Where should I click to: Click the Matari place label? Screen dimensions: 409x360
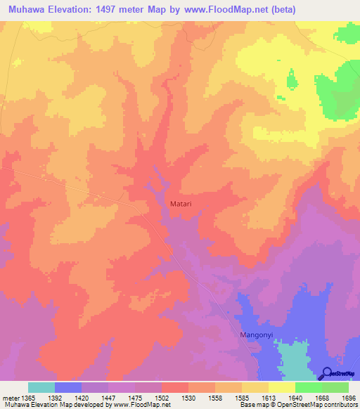click(x=180, y=204)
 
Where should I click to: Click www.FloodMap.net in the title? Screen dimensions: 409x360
click(x=225, y=10)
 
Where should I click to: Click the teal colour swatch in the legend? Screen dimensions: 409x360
click(x=41, y=387)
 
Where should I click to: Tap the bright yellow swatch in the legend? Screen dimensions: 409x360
click(x=281, y=387)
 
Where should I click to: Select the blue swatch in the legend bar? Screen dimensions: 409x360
click(x=68, y=387)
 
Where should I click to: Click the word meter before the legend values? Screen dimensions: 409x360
click(x=11, y=398)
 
